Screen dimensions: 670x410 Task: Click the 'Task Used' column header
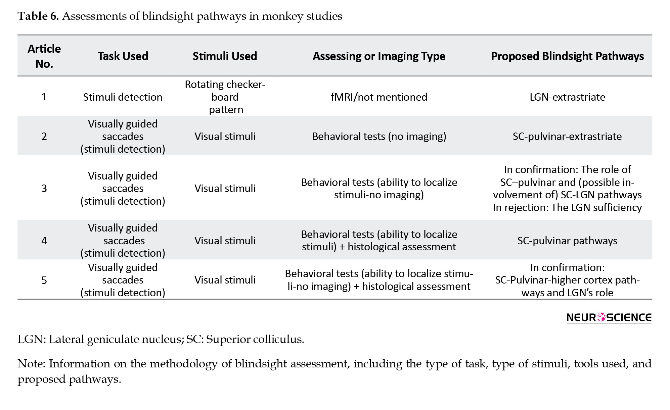123,56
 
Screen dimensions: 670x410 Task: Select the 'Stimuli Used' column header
225,56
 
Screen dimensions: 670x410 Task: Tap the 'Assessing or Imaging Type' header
379,56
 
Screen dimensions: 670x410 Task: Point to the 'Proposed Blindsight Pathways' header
567,56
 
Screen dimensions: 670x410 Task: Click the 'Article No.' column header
44,56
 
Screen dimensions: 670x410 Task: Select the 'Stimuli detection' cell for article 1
123,97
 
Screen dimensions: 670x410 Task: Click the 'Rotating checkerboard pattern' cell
225,97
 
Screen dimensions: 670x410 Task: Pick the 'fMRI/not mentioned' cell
379,97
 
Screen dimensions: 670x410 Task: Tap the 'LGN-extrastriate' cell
567,97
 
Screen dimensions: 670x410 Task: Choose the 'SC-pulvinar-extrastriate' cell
567,136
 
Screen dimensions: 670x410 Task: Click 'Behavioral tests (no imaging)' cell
379,136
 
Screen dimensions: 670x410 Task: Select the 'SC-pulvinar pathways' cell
567,241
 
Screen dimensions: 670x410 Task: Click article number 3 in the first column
44,188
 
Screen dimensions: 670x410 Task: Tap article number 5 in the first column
44,280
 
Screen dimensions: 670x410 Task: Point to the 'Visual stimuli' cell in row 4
225,241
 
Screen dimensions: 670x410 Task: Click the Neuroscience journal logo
609,317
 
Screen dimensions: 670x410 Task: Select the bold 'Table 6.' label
38,16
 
